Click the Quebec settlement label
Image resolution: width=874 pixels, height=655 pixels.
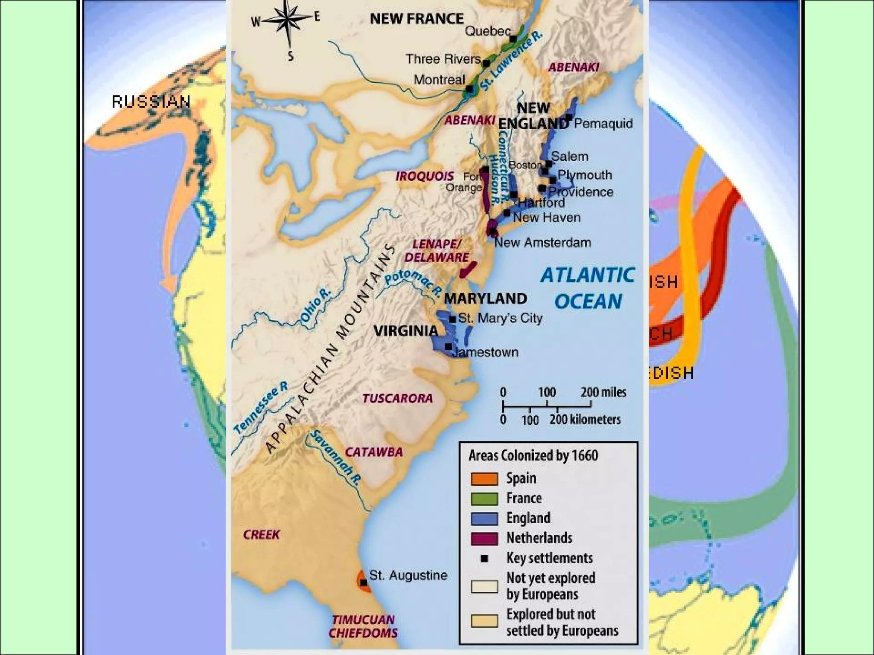coord(487,31)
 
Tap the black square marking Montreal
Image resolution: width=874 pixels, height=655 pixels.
coord(469,89)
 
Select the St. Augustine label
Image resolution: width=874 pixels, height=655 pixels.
coord(408,575)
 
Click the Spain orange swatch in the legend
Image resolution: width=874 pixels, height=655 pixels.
coord(484,479)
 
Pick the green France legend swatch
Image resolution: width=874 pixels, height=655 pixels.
coord(484,498)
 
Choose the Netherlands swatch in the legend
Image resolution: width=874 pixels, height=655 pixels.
coord(484,539)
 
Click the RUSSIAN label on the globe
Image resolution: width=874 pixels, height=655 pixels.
coord(151,102)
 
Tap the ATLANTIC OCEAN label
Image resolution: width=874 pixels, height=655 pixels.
coord(588,288)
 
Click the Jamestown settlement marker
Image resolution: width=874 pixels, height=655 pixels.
coord(448,347)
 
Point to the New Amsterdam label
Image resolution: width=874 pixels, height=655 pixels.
coord(542,243)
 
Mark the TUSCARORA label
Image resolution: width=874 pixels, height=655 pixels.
coord(398,398)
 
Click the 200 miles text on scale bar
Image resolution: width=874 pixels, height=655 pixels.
coord(603,392)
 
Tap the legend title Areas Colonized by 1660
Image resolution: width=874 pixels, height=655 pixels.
coord(533,456)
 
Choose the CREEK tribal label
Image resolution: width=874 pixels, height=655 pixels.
coord(262,534)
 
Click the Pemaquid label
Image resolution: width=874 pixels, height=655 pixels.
coord(603,124)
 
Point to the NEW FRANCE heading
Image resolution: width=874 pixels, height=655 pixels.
coord(417,19)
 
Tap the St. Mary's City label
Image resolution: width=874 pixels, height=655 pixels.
coord(500,318)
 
